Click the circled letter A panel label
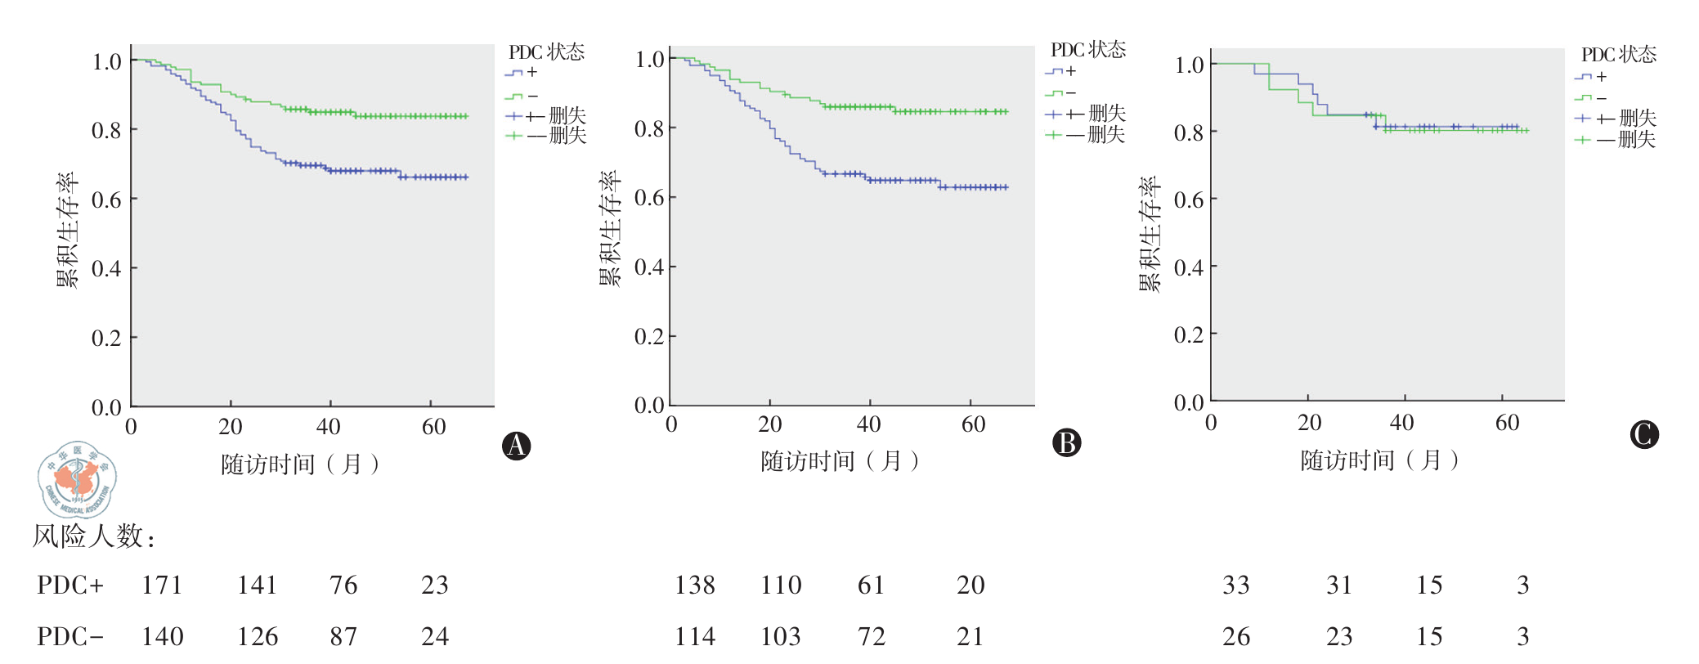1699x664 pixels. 516,446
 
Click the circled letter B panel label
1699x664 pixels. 1066,442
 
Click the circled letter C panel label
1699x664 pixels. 1643,434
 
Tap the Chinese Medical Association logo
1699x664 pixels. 77,480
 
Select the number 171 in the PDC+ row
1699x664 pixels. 162,585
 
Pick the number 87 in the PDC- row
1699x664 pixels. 343,636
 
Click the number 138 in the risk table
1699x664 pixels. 695,585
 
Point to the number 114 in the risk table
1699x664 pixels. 695,636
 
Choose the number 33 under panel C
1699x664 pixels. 1235,585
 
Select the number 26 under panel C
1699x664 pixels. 1235,636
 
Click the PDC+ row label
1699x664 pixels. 70,585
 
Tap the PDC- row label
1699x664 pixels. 70,636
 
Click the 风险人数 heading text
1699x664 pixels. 93,536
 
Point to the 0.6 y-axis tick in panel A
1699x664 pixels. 106,200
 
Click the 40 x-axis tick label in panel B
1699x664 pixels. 868,424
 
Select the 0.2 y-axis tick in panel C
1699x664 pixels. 1189,334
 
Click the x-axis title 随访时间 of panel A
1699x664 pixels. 299,464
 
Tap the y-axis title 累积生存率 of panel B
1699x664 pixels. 610,228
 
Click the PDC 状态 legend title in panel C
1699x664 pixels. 1618,55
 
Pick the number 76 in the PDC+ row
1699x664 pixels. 343,585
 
